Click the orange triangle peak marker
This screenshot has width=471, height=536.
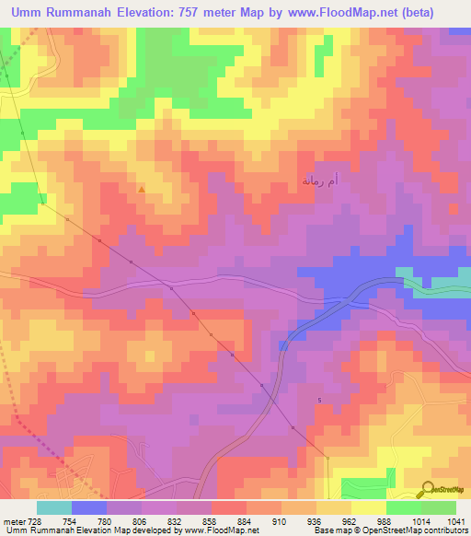pos(141,190)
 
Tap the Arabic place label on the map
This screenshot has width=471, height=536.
pos(319,179)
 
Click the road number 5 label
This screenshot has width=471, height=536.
pos(319,400)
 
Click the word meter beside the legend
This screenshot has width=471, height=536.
pos(12,519)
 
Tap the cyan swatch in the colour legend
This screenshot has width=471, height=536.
pos(54,507)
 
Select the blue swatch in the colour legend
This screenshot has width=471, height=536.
pos(89,507)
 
